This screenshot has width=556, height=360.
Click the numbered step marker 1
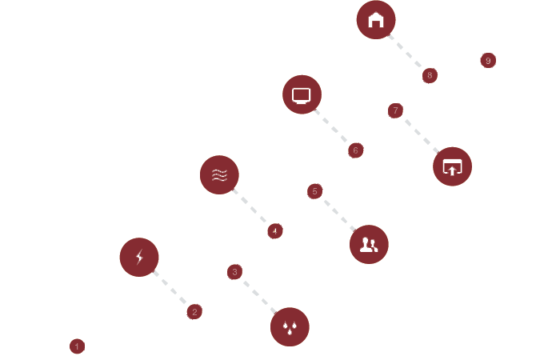(77, 346)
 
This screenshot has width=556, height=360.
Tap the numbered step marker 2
(194, 312)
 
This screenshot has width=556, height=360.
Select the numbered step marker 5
(314, 190)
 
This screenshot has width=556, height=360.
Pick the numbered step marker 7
(394, 110)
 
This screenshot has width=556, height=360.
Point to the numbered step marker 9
(487, 61)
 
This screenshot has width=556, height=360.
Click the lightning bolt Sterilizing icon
(139, 258)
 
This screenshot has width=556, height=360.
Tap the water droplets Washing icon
(290, 327)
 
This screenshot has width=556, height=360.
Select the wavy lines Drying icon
(219, 174)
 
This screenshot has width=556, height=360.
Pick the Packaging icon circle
(453, 167)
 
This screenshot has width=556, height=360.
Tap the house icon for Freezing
(375, 20)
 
